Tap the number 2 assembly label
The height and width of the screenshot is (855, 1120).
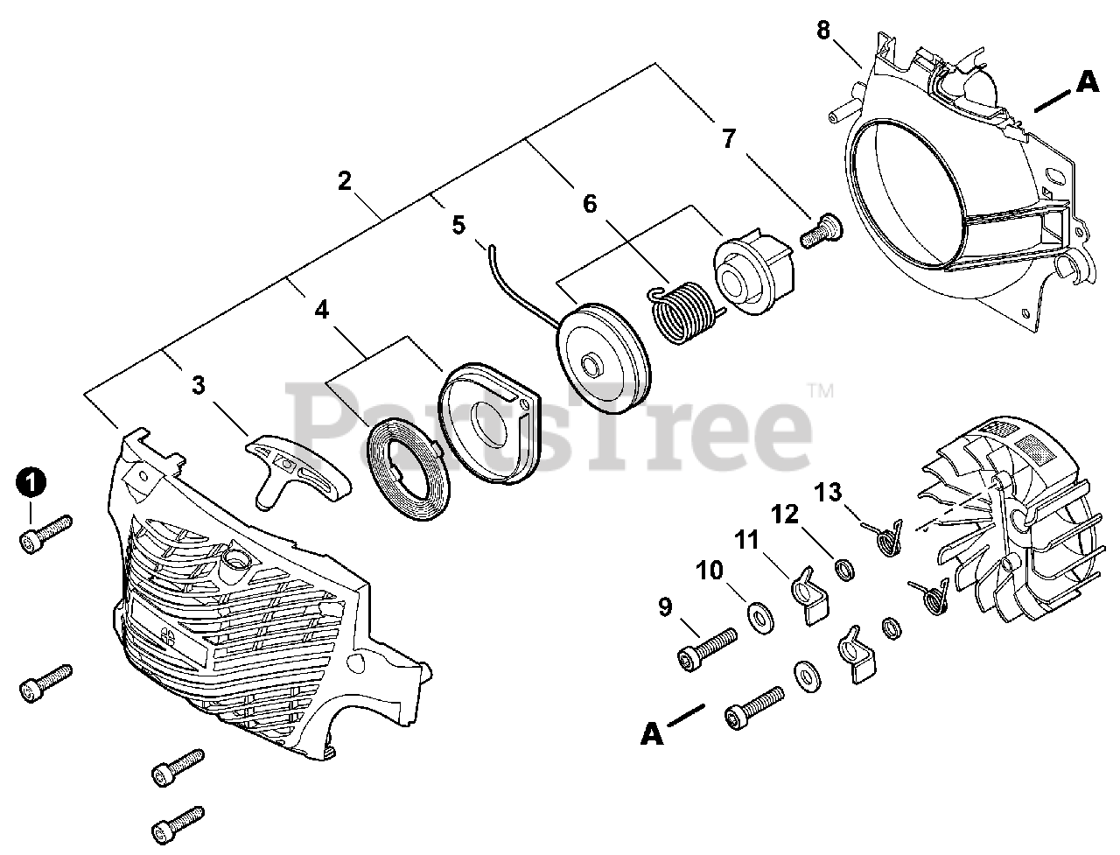(344, 181)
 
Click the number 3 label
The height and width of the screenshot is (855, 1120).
(199, 385)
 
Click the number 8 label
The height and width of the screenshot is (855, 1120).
(823, 30)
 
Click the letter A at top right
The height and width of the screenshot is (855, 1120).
(1086, 81)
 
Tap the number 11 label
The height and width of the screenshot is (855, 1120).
(746, 540)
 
